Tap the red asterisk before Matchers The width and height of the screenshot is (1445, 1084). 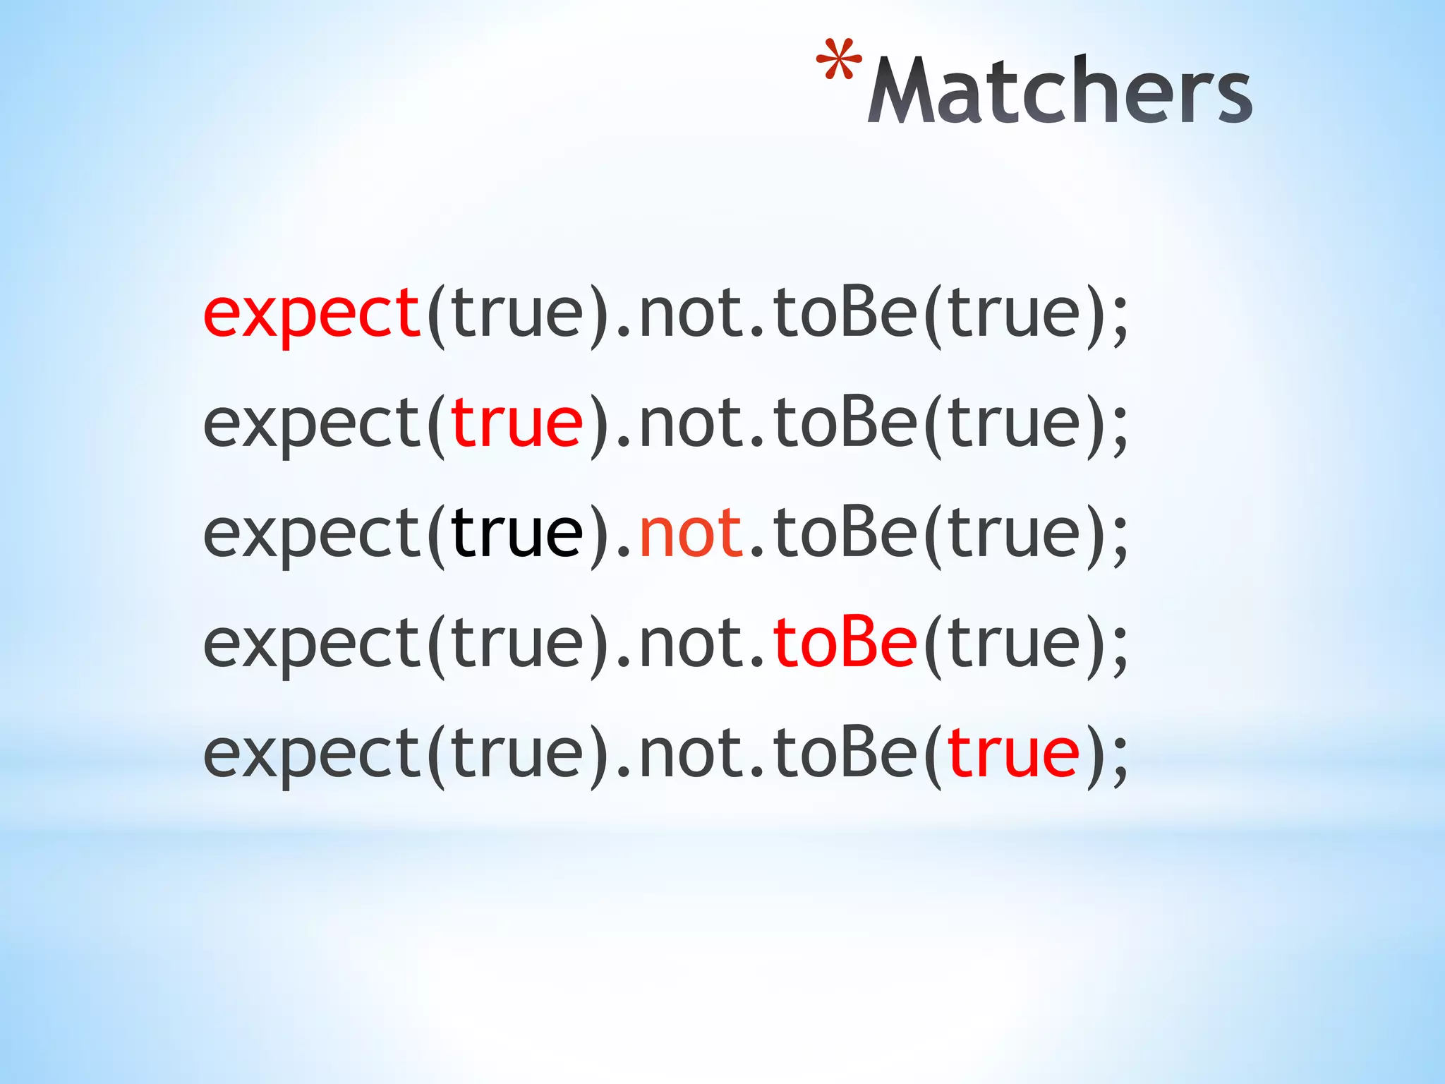tap(838, 62)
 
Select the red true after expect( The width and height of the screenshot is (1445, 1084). tap(516, 423)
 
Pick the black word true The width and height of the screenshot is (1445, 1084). tap(516, 534)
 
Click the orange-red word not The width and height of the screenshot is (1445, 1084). tap(690, 534)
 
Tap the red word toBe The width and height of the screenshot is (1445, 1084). tap(845, 642)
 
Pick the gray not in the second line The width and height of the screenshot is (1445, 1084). tap(690, 423)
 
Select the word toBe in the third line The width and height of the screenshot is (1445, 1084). tap(845, 533)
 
